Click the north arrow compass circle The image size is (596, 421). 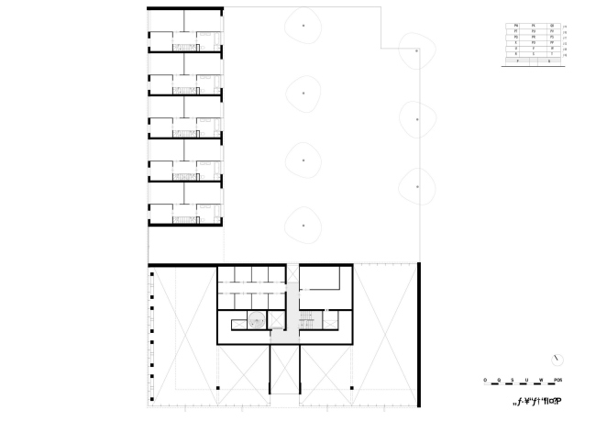(x=557, y=358)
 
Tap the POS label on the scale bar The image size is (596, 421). (x=557, y=379)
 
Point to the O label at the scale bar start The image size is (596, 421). (x=485, y=379)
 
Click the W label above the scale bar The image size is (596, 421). (x=541, y=379)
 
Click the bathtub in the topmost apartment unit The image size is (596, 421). (x=208, y=43)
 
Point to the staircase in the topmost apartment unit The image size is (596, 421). (x=186, y=44)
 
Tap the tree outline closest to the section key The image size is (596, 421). (x=418, y=52)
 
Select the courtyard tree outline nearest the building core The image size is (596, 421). (x=303, y=225)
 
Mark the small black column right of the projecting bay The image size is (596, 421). (x=352, y=391)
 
